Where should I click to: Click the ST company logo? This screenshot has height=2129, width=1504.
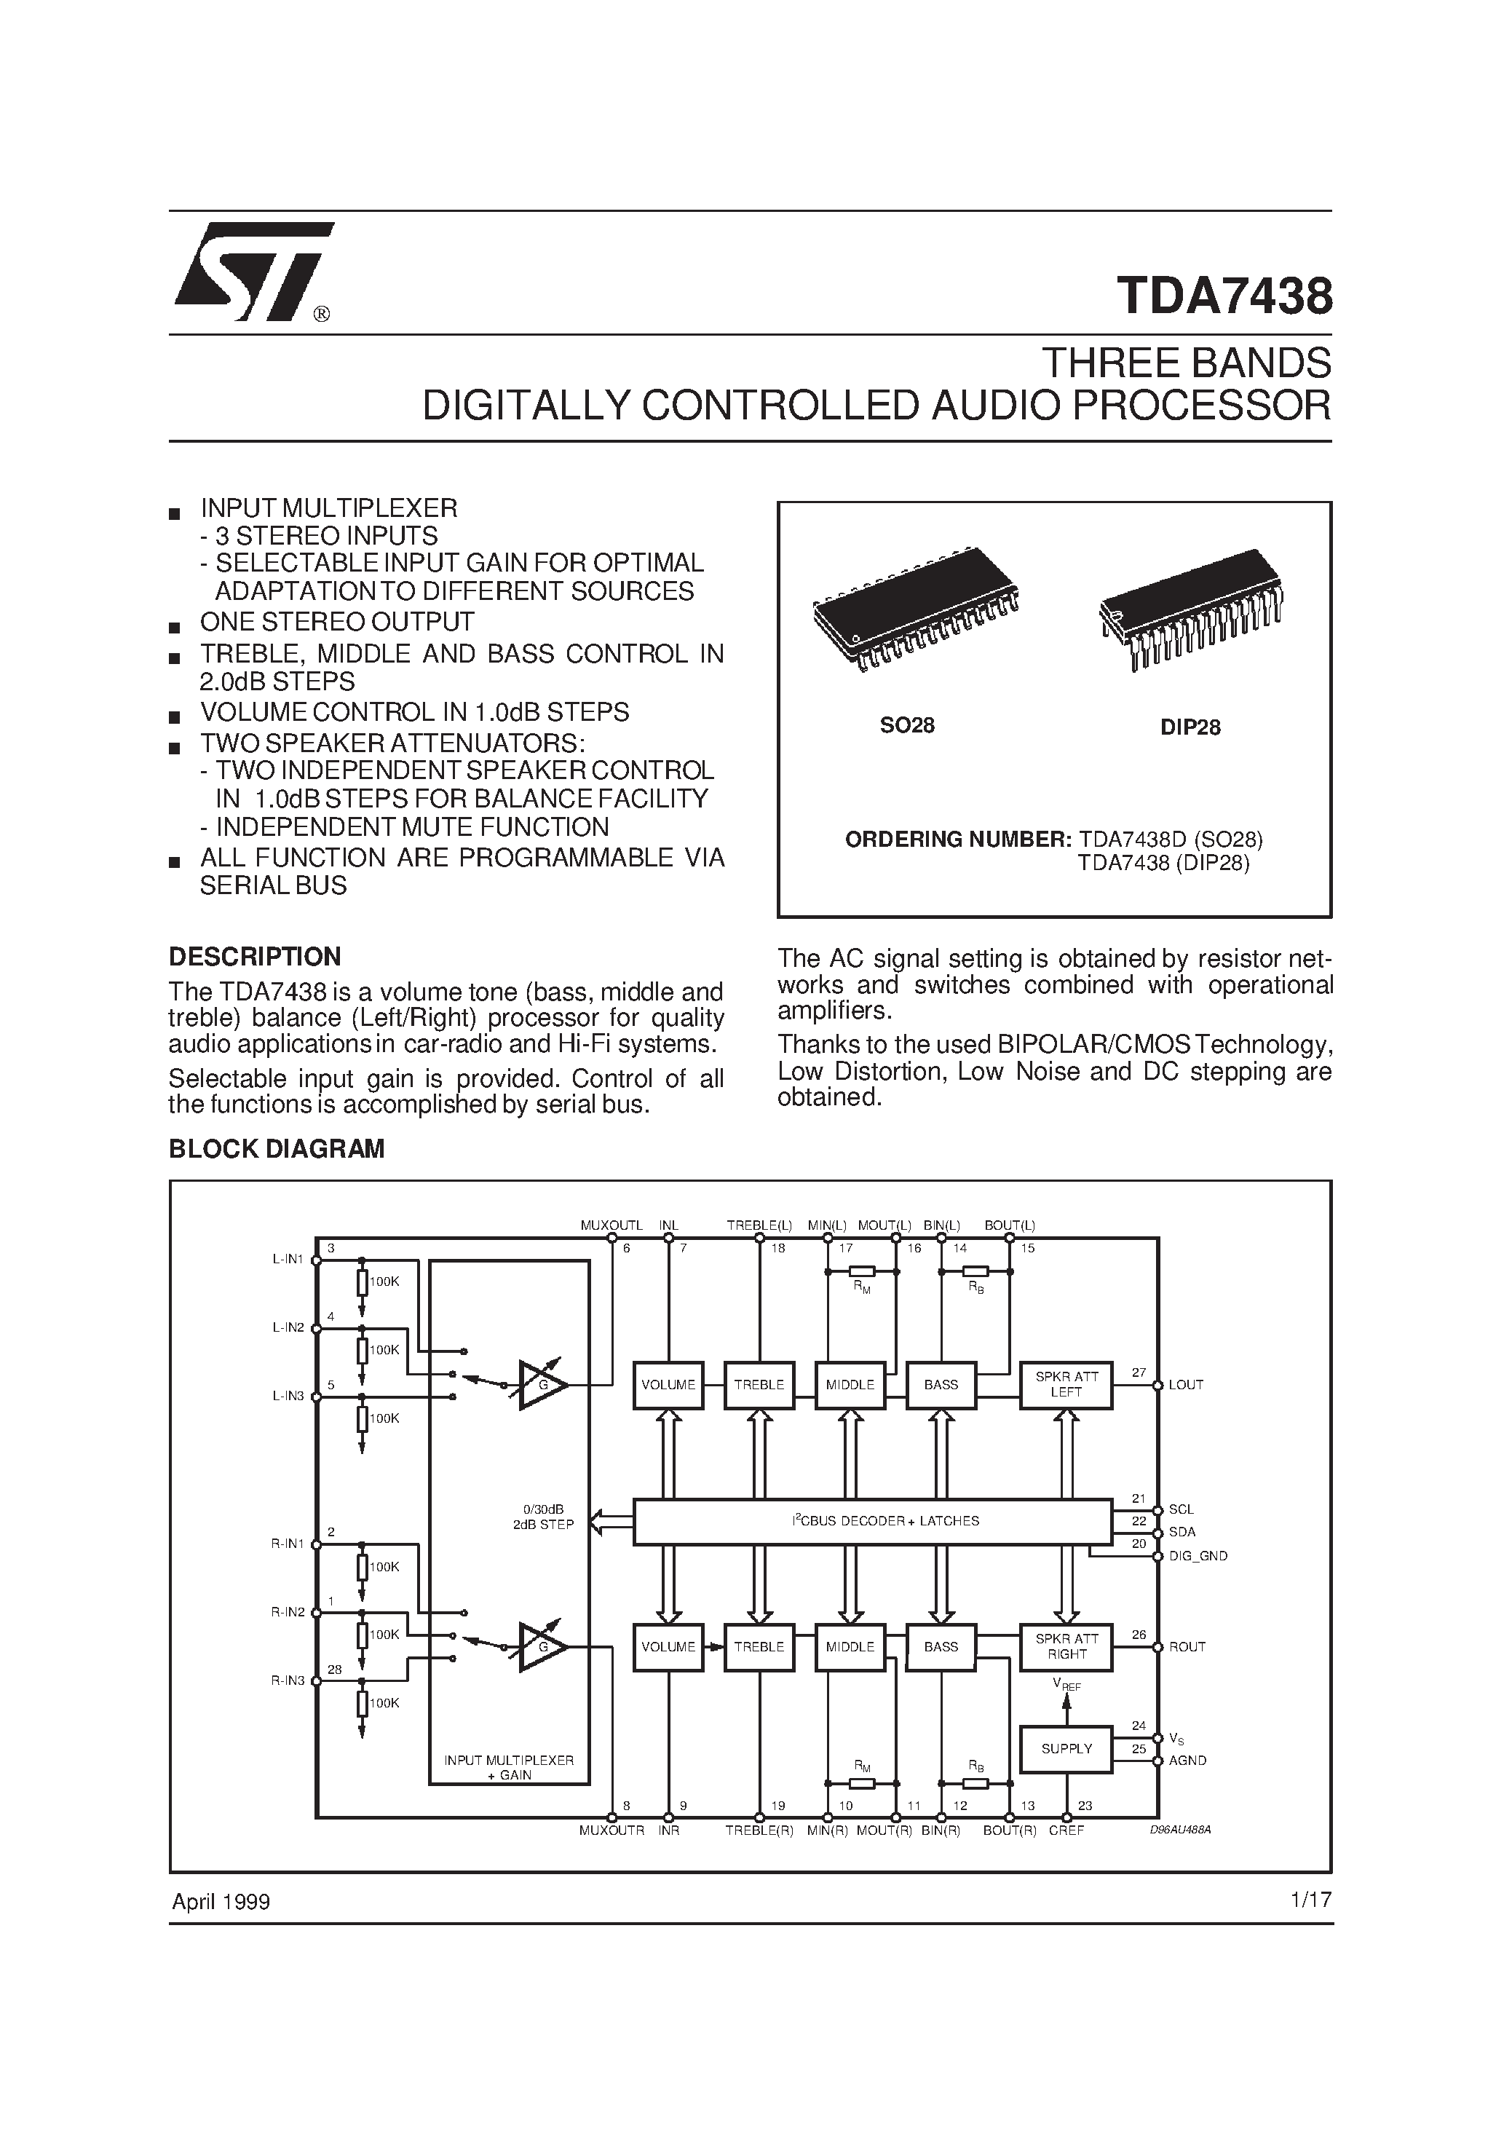[252, 272]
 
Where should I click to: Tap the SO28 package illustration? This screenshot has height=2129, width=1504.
[914, 607]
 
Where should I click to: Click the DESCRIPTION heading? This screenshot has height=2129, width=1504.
[254, 957]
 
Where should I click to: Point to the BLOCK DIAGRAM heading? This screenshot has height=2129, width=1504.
[277, 1149]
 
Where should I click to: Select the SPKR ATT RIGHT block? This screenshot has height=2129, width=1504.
[1066, 1647]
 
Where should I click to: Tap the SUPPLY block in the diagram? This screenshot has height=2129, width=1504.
[1066, 1749]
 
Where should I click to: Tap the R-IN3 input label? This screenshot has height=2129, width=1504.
[288, 1680]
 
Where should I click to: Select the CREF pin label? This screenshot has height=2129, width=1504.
[1066, 1831]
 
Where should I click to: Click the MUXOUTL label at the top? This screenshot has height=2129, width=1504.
[611, 1225]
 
